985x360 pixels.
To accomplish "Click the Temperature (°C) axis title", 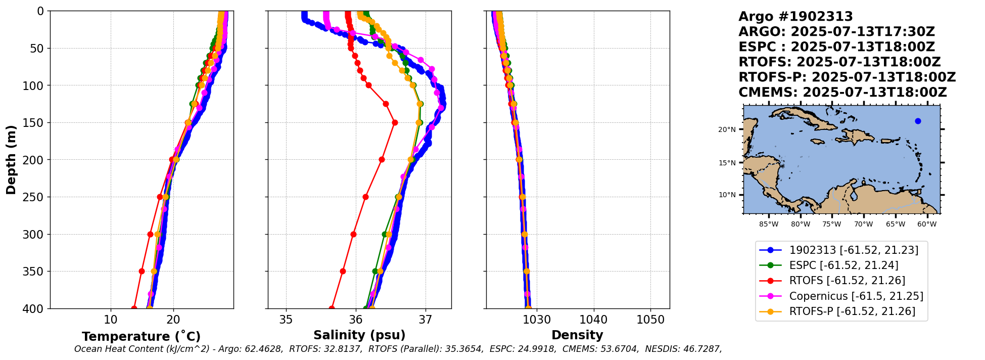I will point(141,337).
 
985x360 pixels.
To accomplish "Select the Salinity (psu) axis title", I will point(359,335).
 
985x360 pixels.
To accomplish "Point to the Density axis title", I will point(577,335).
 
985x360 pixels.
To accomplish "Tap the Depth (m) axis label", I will point(11,160).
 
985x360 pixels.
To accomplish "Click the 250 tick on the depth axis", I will point(35,197).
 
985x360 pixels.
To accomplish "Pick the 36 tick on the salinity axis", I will point(356,320).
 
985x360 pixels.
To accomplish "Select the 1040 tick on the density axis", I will point(593,320).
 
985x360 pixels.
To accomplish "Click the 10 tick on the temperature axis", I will point(110,320).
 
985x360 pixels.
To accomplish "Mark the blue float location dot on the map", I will point(918,121).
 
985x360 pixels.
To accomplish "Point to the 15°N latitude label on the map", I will point(728,163).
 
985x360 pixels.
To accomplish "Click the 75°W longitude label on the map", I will point(831,224).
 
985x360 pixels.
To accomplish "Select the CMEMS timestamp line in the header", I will point(842,93).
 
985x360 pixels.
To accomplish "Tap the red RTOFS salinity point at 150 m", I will point(395,122).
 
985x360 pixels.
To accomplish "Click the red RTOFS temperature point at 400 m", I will point(134,308).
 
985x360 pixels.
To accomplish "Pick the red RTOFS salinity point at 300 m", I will point(353,234).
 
